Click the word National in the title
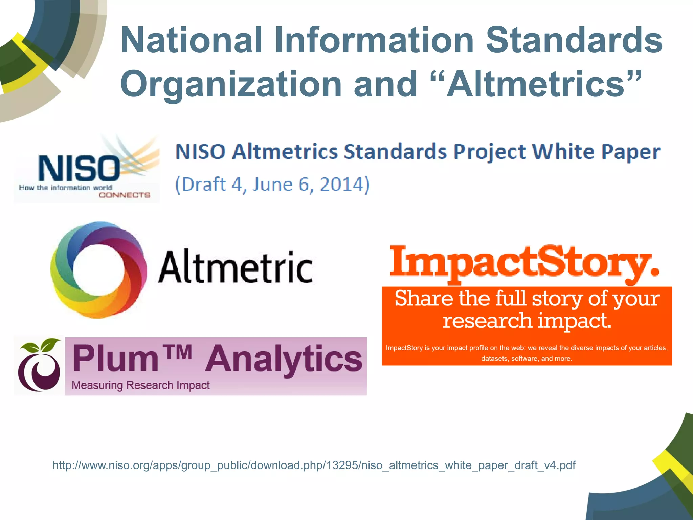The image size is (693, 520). [192, 40]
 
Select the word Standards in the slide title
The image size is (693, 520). [574, 40]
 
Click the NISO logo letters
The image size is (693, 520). [79, 168]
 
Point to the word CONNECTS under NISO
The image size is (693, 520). [125, 195]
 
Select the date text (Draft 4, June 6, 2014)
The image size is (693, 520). [272, 185]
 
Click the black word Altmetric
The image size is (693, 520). [236, 267]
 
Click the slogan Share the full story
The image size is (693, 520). [527, 299]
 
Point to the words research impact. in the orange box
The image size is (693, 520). [527, 320]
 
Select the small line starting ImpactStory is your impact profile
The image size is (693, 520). [527, 348]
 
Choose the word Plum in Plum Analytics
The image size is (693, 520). [115, 359]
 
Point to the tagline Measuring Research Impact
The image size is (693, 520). [140, 385]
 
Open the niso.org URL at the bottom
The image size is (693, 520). [314, 465]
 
